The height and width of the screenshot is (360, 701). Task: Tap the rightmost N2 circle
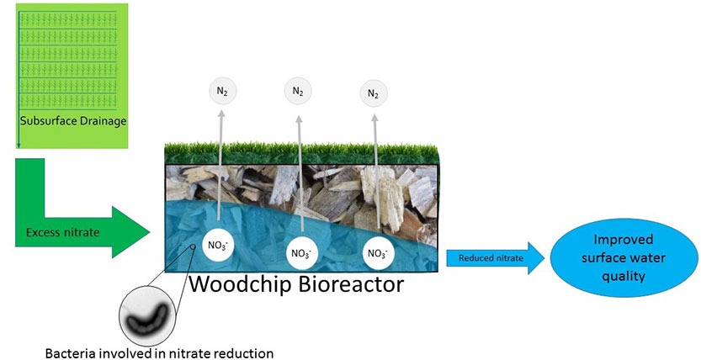point(374,93)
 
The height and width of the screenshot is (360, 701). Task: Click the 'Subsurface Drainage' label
point(73,121)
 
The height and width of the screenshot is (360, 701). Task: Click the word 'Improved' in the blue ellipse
point(624,240)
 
